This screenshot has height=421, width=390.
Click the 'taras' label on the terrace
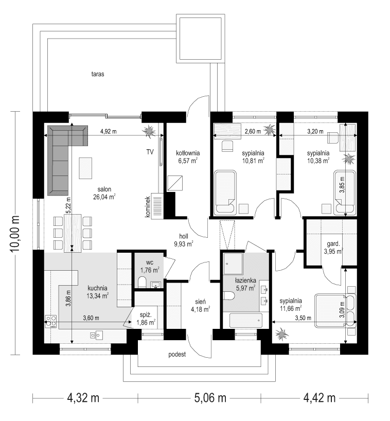pos(98,74)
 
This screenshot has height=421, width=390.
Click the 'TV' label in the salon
pos(150,152)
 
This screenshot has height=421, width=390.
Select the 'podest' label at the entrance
pos(176,355)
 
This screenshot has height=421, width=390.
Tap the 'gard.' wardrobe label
pos(329,243)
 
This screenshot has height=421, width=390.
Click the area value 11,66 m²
pos(291,309)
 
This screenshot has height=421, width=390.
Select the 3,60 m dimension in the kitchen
pos(92,318)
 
